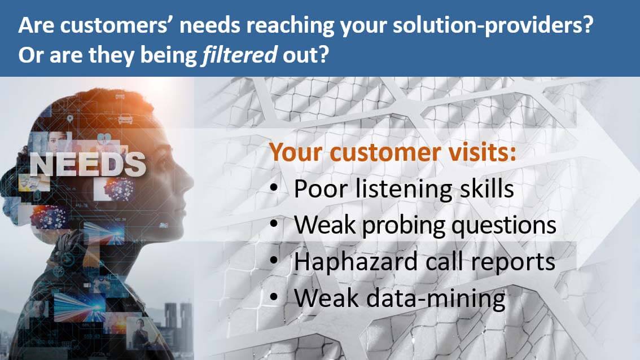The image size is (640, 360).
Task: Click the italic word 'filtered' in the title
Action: pos(240,55)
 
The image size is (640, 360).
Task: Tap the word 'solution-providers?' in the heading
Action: pos(493,25)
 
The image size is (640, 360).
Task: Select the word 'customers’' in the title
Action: pos(117,25)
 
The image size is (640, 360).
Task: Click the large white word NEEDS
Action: pos(87,165)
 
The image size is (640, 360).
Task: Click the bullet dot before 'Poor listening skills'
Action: pos(274,188)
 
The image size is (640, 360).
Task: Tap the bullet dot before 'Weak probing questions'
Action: pos(274,224)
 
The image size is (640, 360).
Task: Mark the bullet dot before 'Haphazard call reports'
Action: pos(274,261)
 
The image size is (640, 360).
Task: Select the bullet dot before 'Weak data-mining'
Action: pos(274,297)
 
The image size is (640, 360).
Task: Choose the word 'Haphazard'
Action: pos(356,261)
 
